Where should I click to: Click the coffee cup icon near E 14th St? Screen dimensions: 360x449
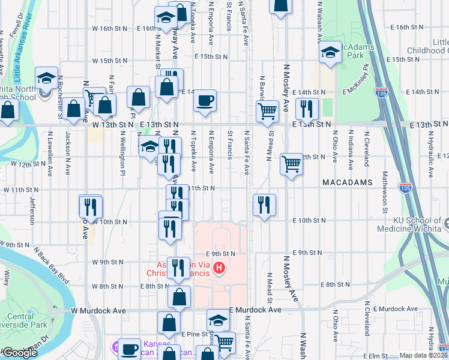click(205, 100)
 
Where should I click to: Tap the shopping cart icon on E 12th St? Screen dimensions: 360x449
click(291, 163)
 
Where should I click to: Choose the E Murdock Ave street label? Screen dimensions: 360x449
click(255, 310)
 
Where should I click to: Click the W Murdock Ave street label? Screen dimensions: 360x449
click(98, 311)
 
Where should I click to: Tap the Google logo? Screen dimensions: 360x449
click(20, 353)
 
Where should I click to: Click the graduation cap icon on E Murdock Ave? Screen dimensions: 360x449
click(218, 320)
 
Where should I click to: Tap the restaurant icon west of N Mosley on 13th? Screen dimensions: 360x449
click(307, 109)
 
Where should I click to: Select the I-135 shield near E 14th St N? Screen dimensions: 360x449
click(379, 93)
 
